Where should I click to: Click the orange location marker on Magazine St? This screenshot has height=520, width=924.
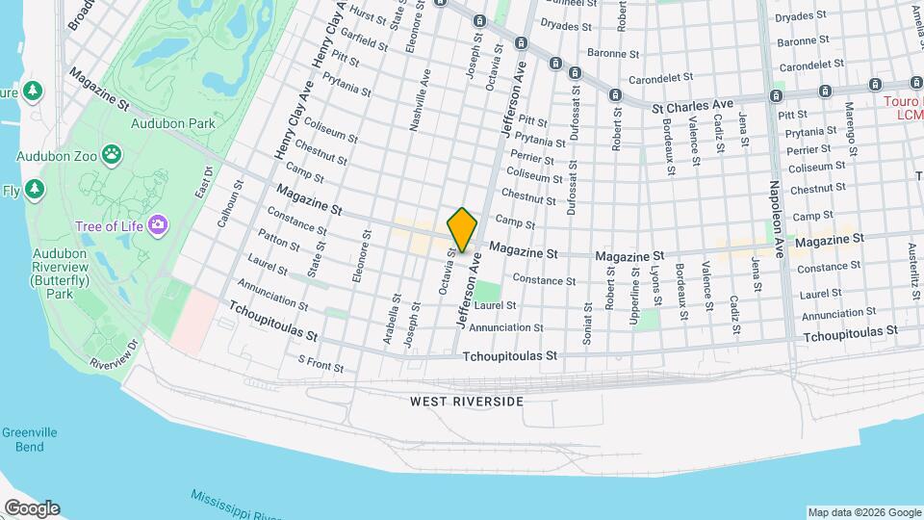(x=463, y=229)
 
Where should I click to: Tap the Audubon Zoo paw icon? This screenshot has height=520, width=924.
(x=113, y=153)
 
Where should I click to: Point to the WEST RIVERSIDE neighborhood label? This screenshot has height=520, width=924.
(x=466, y=401)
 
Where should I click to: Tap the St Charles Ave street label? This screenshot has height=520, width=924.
(x=692, y=105)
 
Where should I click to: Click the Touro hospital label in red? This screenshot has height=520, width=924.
(x=903, y=107)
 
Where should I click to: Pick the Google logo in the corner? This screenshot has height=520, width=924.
(x=32, y=508)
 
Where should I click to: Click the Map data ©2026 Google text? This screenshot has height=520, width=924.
(x=863, y=512)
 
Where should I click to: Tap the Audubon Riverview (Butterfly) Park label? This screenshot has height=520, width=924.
(x=59, y=279)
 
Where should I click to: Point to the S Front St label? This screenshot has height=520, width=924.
(x=321, y=364)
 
